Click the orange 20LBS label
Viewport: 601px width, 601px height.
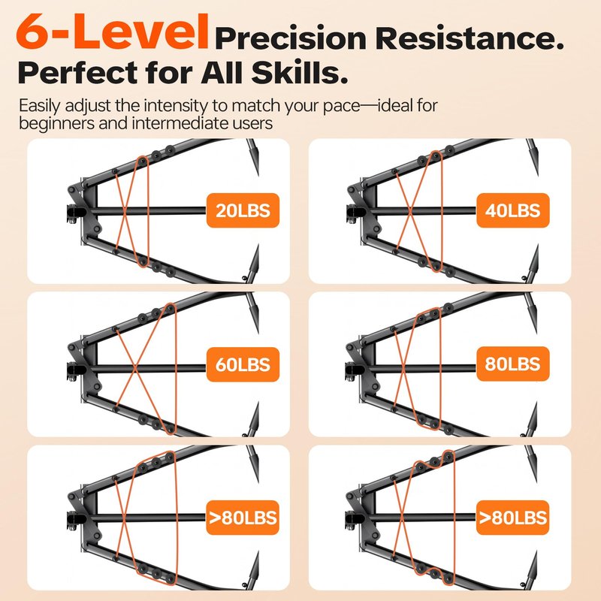coord(243,210)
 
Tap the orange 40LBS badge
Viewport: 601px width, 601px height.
coord(513,210)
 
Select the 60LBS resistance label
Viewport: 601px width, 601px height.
coord(243,364)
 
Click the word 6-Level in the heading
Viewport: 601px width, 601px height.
coord(112,32)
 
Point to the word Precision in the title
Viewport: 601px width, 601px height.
coord(291,39)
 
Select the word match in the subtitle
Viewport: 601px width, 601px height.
coord(256,105)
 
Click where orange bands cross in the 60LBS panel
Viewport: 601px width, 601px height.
coord(134,368)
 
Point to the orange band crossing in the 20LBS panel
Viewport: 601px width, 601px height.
coord(125,211)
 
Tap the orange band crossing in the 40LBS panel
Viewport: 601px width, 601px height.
coord(409,211)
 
